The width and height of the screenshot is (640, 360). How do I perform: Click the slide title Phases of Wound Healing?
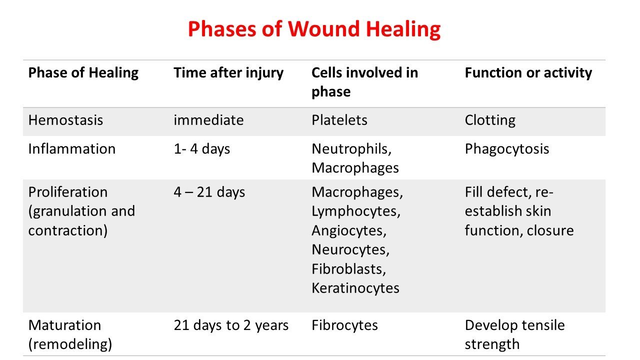tap(314, 29)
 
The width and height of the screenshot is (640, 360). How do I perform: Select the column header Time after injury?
tap(228, 73)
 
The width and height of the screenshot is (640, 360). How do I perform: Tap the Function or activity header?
tap(528, 73)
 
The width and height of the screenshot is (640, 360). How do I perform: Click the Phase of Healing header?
tap(83, 73)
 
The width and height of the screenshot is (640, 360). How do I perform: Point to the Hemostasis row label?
tap(65, 120)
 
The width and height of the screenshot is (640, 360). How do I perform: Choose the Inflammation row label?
tap(71, 149)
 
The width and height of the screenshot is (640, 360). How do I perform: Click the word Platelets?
tap(339, 120)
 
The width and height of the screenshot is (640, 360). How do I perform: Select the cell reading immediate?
tap(208, 120)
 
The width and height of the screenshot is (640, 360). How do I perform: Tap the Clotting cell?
tap(489, 120)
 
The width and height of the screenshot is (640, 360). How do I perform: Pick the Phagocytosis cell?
tap(506, 149)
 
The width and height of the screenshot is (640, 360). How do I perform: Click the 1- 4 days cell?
tap(201, 149)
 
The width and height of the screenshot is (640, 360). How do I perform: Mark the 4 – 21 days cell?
tap(209, 192)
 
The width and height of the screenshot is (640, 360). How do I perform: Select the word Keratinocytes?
tap(355, 288)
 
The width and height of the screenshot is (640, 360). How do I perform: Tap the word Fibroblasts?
tap(348, 269)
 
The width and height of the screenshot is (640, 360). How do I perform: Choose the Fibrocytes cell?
tap(344, 325)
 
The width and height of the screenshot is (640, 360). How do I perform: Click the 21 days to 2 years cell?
tap(231, 325)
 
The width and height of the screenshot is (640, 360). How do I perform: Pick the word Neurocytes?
tap(349, 249)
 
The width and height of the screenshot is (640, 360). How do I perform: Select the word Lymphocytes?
tap(355, 211)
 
